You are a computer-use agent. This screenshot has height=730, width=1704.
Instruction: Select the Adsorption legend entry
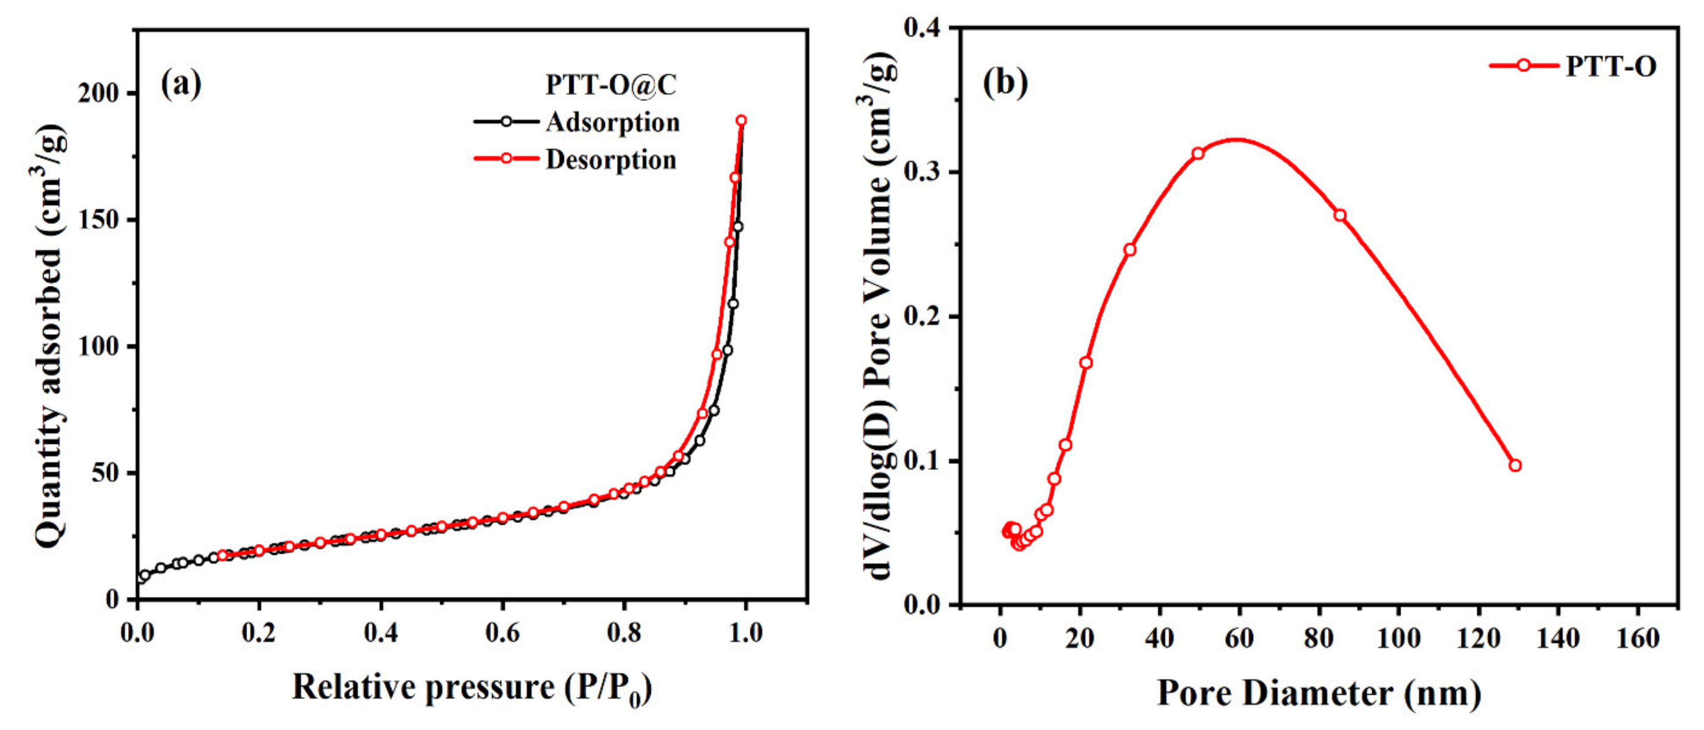pos(612,122)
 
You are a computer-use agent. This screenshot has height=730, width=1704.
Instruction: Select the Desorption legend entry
pos(610,159)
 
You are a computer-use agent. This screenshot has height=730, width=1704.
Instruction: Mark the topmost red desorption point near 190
pos(741,120)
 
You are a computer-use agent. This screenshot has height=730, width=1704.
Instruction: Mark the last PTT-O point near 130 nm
pos(1515,465)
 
